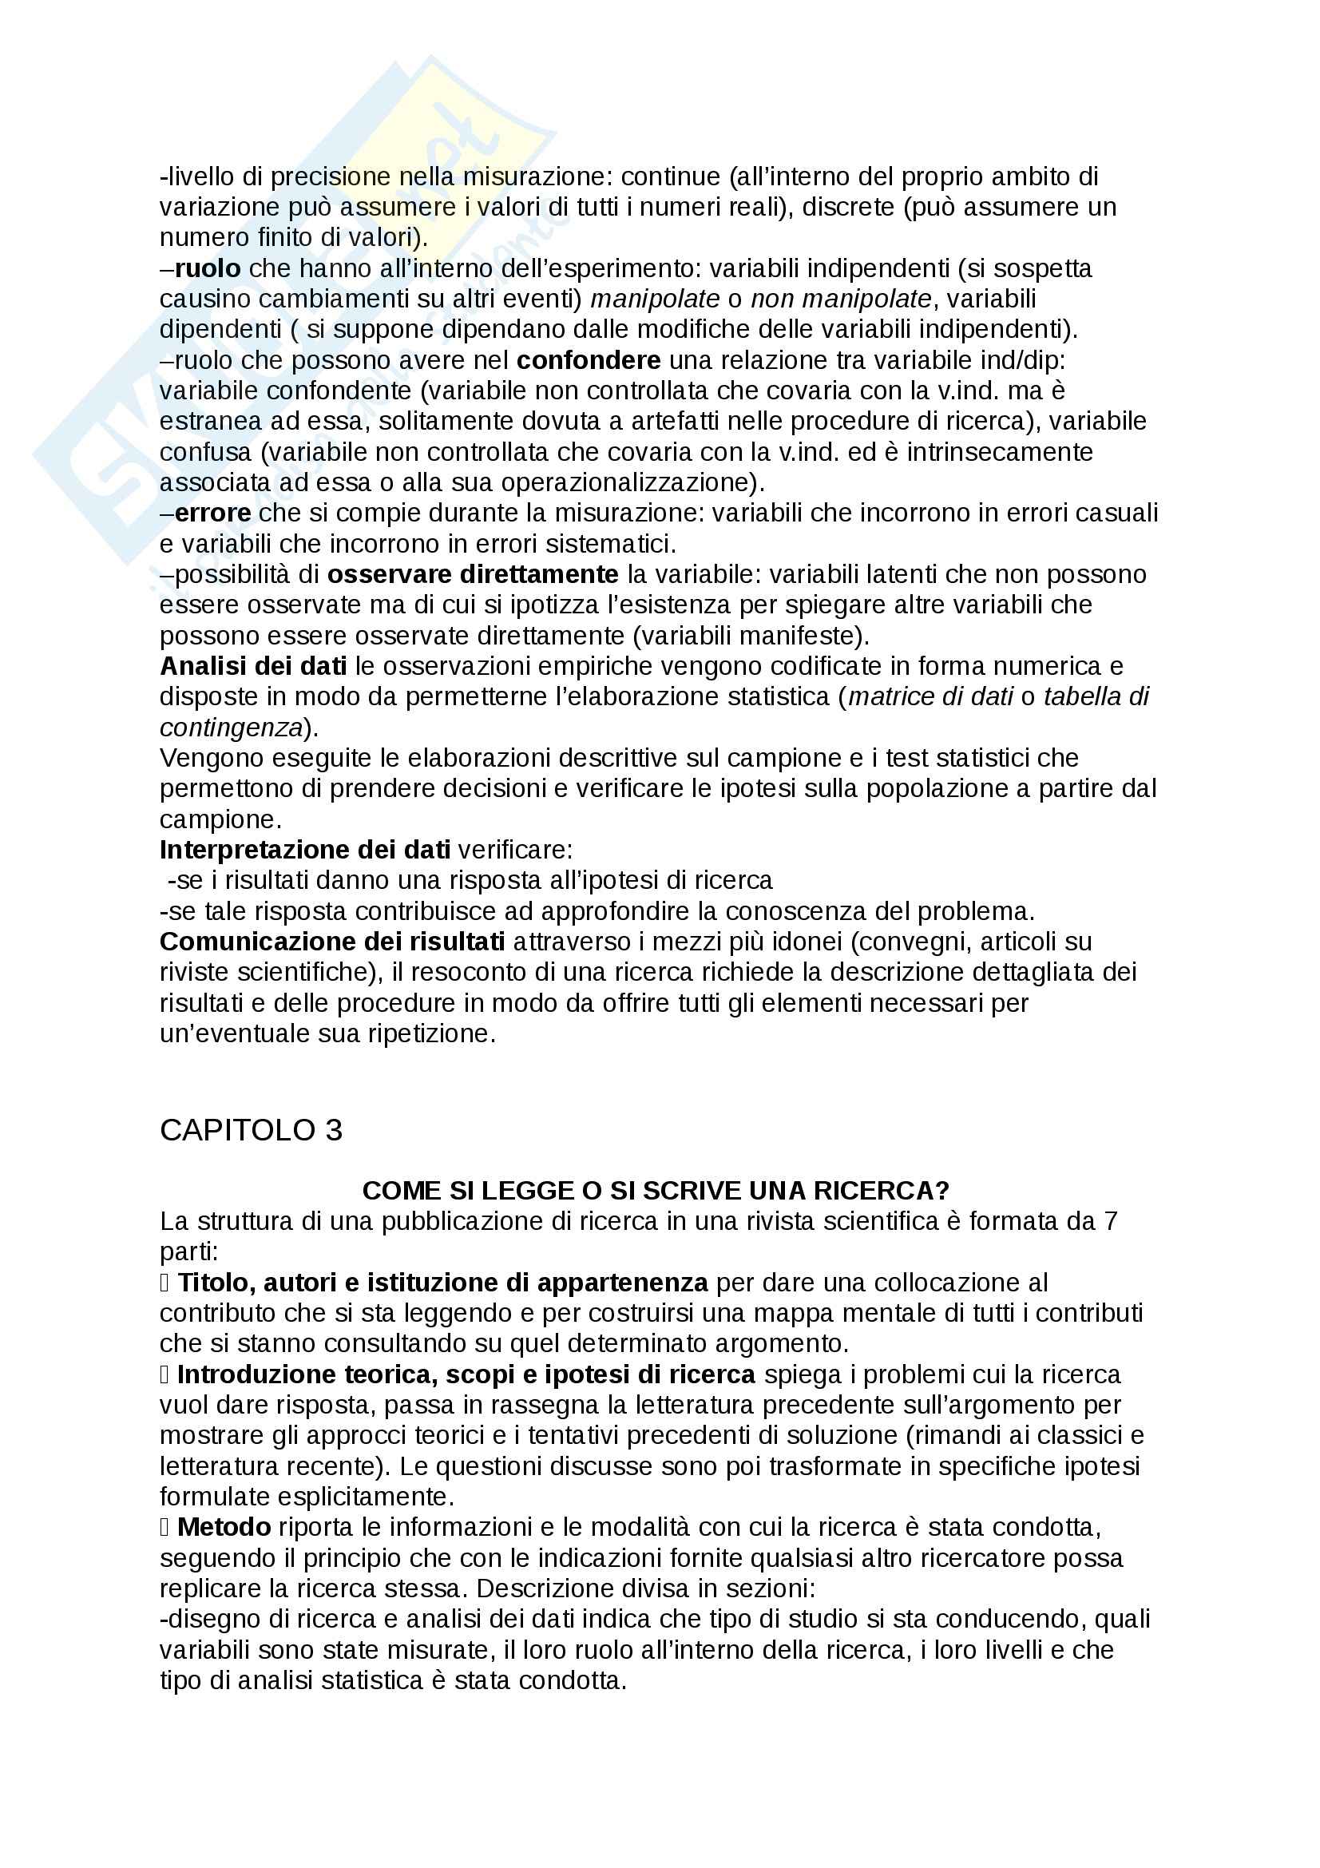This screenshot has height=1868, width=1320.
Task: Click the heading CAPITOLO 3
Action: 251,1130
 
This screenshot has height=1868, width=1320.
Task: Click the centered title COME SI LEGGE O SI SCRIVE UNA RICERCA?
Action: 656,1191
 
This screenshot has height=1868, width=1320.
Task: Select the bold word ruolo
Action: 208,268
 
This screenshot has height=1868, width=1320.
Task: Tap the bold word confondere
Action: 588,360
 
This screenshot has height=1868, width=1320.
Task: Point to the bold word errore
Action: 212,514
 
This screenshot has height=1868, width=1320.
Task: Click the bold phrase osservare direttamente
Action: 473,574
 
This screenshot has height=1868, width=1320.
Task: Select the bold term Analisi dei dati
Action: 253,666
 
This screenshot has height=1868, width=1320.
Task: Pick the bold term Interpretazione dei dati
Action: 304,851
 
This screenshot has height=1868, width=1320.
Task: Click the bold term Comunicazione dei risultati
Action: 332,942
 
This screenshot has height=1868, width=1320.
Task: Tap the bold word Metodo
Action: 224,1527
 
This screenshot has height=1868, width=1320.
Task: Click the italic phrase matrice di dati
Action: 930,697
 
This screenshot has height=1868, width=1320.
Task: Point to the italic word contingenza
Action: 231,728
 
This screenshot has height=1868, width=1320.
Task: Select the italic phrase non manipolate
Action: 840,299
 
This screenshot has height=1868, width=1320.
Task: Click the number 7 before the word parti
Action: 1110,1222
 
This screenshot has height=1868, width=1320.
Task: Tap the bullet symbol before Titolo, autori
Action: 165,1283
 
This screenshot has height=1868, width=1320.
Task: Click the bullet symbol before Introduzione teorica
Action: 165,1375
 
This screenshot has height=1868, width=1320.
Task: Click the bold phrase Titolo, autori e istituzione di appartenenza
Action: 442,1283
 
